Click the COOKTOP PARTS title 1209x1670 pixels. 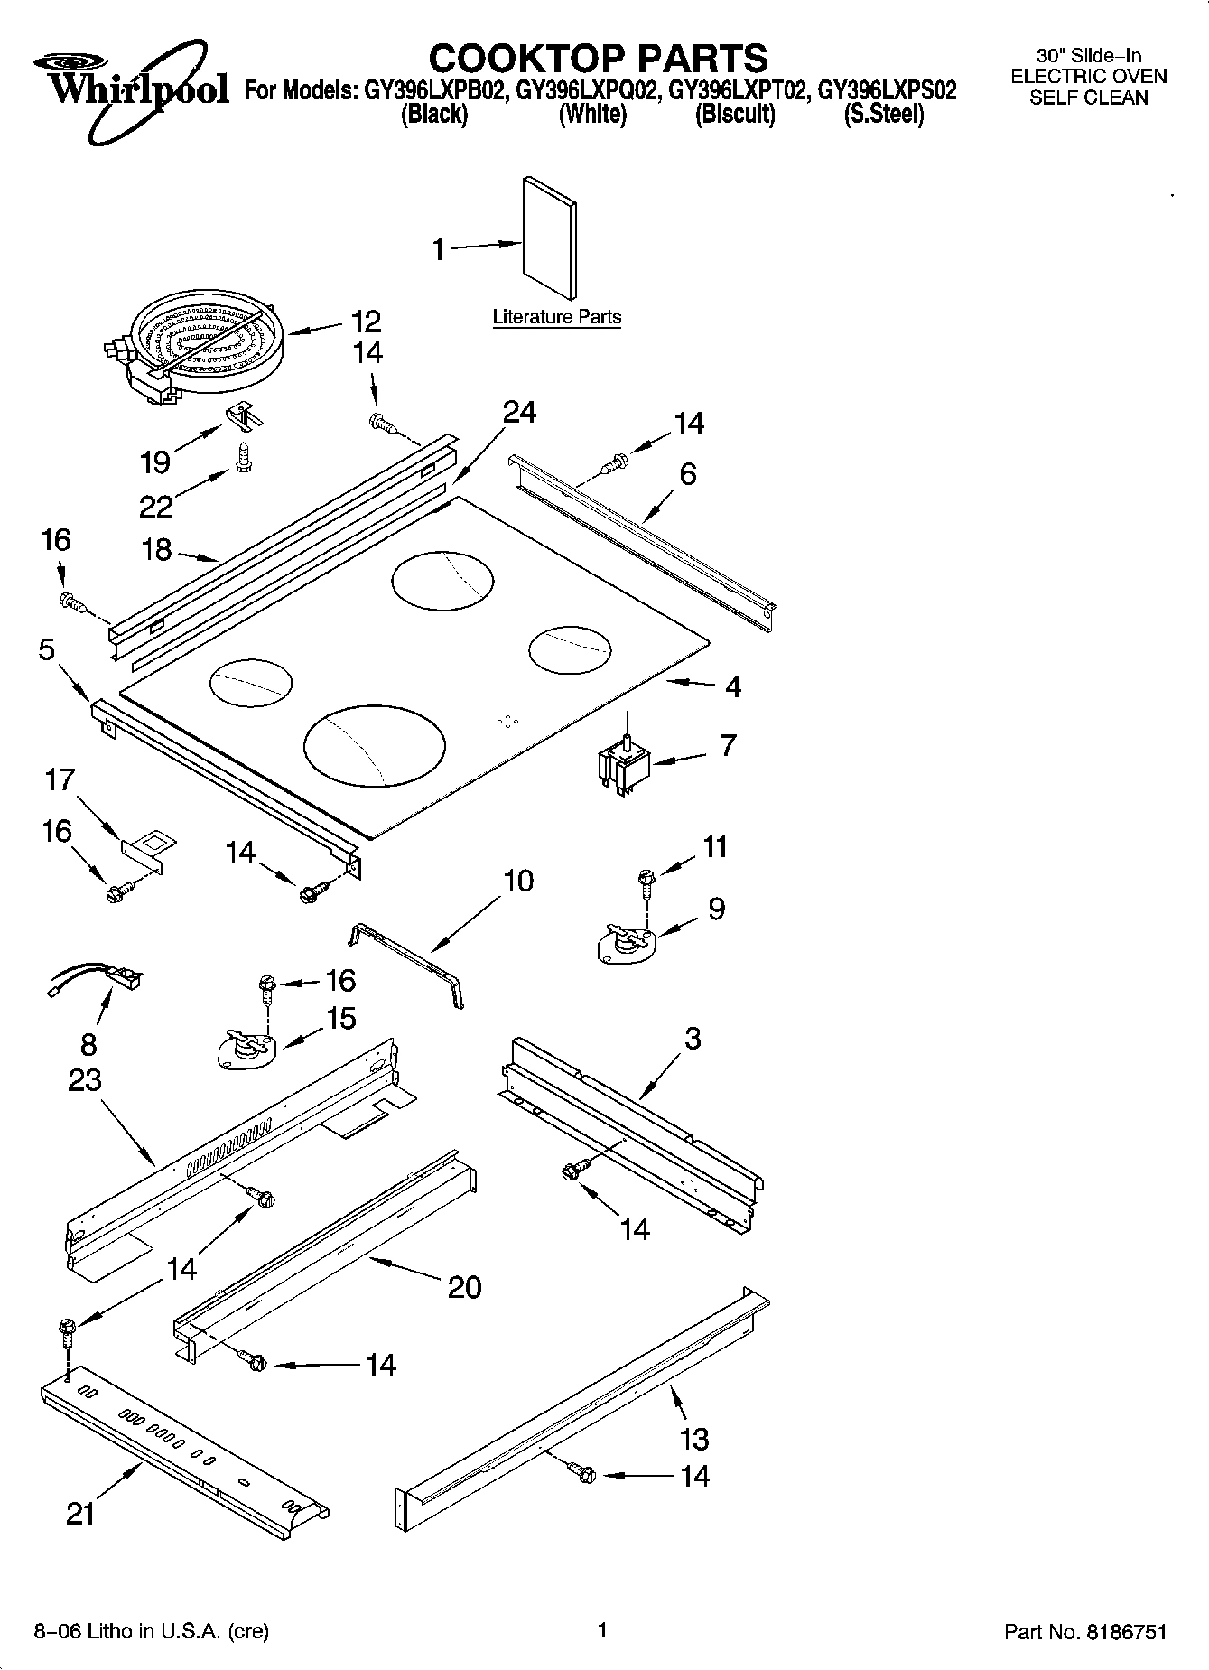click(598, 58)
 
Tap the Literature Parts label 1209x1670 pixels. click(556, 317)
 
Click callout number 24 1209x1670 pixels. click(519, 413)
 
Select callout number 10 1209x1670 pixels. click(517, 881)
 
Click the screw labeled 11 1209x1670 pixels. click(646, 881)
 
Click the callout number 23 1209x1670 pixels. click(85, 1079)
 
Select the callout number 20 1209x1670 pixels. click(464, 1286)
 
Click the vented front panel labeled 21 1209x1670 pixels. click(181, 1451)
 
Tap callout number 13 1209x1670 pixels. click(693, 1438)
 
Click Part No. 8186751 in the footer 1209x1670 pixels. click(1085, 1632)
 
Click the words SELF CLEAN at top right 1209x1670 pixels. click(1088, 98)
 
